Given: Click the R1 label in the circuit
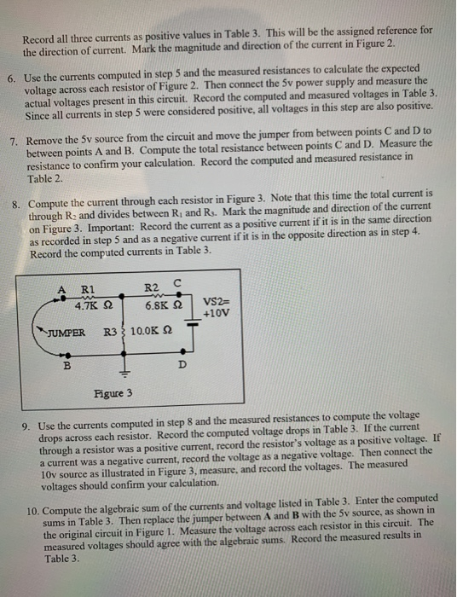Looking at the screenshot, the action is point(87,288).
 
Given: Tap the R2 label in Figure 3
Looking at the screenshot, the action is point(152,288).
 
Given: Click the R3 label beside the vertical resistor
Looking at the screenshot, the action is point(110,332).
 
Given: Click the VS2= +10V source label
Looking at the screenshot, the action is point(217,308).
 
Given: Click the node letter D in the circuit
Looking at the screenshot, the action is point(180,365).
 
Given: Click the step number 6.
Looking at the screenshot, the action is point(10,78).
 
